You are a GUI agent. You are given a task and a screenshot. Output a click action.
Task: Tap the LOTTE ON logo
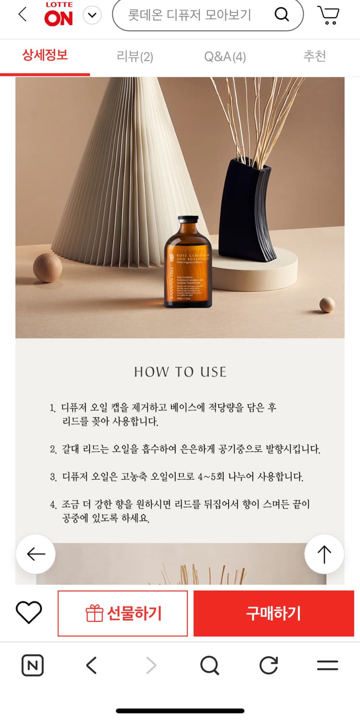click(59, 14)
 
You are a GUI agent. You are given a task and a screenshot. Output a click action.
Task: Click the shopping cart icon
click(328, 15)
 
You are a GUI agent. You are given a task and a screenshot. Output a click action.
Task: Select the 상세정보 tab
click(45, 55)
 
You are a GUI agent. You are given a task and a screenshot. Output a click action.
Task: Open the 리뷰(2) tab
click(135, 57)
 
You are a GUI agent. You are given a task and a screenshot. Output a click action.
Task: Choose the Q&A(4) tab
click(224, 57)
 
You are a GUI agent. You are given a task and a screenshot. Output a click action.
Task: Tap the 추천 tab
click(314, 56)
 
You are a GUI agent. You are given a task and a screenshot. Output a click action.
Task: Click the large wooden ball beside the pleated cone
click(47, 268)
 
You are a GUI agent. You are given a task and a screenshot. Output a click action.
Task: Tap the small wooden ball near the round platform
click(327, 305)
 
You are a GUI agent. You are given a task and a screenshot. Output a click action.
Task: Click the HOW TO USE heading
click(180, 372)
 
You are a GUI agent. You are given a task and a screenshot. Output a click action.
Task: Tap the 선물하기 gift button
click(123, 613)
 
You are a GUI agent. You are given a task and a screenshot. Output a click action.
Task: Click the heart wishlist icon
click(29, 613)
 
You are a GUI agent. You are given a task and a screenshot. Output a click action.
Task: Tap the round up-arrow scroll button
click(324, 554)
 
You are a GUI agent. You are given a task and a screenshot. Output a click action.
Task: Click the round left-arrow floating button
click(36, 554)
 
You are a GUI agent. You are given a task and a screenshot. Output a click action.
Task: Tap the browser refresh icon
click(269, 666)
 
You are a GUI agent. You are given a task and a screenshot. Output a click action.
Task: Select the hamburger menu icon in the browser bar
click(327, 666)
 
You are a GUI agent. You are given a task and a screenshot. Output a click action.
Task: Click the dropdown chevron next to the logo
click(92, 16)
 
